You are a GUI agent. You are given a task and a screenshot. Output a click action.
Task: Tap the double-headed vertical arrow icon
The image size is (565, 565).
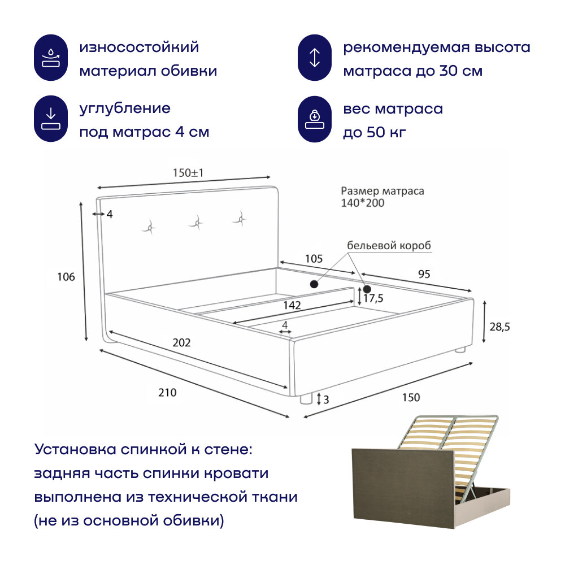point(315,58)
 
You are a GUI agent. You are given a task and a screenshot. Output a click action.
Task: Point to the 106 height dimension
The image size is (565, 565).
point(66,276)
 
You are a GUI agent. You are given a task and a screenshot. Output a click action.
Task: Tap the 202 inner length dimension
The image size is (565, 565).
point(182,342)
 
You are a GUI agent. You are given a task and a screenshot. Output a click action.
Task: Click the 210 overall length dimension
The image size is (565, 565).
point(167,393)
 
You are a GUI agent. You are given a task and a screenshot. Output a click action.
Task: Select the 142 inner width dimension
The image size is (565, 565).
point(292,305)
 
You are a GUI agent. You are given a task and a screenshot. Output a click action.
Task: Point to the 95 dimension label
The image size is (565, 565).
point(424,274)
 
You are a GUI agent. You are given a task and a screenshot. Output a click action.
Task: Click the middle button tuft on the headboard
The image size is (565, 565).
point(196,222)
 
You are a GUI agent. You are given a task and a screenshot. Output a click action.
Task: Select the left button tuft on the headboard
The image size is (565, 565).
point(150,227)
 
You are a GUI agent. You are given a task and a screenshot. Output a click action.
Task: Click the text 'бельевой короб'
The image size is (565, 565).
point(389,246)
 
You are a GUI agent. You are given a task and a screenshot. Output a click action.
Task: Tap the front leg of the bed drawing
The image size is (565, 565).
point(306,399)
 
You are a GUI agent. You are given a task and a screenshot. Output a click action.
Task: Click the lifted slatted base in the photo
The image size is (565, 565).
point(446,446)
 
